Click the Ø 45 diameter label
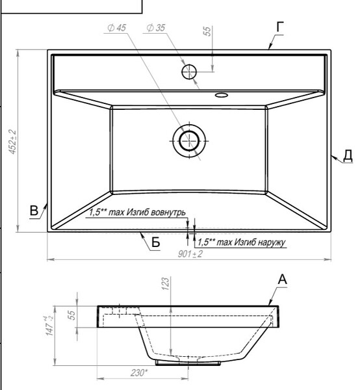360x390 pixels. tap(116, 28)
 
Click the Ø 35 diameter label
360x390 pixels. tap(156, 28)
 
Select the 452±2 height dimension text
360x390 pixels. tap(12, 142)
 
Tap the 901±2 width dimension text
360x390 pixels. tap(190, 254)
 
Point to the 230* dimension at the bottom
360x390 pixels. tap(139, 372)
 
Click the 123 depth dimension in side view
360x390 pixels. tap(165, 283)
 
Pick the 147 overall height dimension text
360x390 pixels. tap(49, 326)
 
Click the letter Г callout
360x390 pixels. tap(280, 27)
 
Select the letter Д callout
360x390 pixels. tap(348, 155)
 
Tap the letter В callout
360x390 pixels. tap(34, 211)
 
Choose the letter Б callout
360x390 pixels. tap(155, 242)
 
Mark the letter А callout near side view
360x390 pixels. tap(282, 279)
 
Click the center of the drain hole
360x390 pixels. tap(189, 141)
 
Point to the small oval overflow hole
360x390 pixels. tap(222, 95)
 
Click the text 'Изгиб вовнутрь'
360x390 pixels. tap(156, 212)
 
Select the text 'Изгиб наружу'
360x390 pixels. tap(260, 242)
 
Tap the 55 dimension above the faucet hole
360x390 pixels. tap(207, 31)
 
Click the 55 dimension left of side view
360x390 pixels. tap(71, 315)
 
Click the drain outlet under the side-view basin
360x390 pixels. tap(188, 363)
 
